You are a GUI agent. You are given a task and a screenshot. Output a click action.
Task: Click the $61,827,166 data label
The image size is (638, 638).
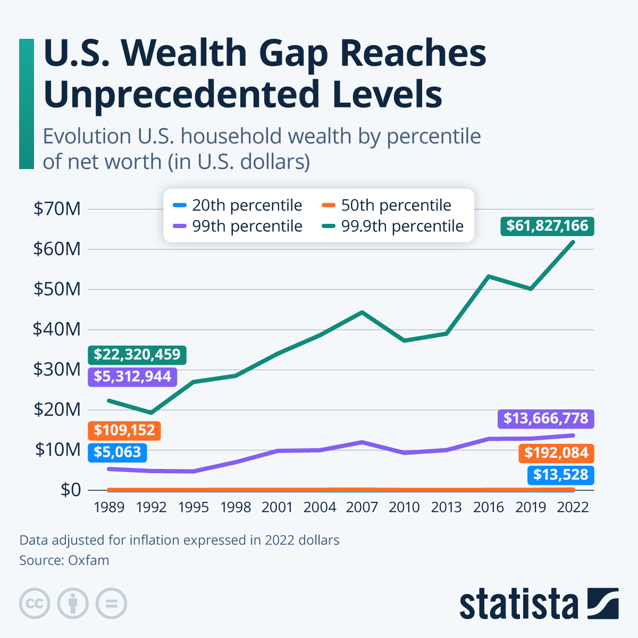pos(547,226)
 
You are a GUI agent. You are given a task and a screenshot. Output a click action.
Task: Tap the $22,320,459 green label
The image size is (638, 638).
pos(137,355)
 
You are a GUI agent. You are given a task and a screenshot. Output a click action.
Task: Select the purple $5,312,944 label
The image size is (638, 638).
pos(132,376)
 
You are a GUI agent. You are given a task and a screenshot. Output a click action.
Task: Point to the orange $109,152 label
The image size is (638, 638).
pos(124,430)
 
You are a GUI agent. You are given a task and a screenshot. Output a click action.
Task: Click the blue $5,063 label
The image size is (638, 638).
pos(117,452)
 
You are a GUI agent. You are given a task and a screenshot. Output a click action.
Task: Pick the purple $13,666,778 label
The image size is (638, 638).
pos(545,418)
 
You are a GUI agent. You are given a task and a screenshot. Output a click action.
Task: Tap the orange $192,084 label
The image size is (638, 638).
pos(556,453)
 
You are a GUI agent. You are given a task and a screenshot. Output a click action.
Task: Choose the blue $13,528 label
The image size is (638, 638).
pos(560,475)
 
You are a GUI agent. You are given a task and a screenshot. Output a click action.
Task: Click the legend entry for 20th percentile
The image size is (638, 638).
pos(238,205)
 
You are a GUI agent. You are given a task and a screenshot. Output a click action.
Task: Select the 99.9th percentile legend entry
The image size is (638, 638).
pos(393,226)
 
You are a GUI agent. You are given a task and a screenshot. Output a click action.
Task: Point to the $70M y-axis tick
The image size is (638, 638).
pos(57,209)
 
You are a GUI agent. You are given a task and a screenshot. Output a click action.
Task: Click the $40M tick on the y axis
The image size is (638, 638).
pos(57,330)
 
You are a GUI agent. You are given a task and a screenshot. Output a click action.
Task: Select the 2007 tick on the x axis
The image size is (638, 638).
pos(362,507)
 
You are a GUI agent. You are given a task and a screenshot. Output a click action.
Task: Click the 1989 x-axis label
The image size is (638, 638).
pos(109,507)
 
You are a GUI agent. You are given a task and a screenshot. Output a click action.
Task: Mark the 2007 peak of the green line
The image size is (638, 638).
pos(362,312)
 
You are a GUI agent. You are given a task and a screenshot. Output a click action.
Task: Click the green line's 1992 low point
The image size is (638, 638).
pos(152,413)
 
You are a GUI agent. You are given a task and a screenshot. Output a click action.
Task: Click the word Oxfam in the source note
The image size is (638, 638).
pos(89,560)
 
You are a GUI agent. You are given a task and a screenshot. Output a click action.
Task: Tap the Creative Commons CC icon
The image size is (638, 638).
pos(35,603)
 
